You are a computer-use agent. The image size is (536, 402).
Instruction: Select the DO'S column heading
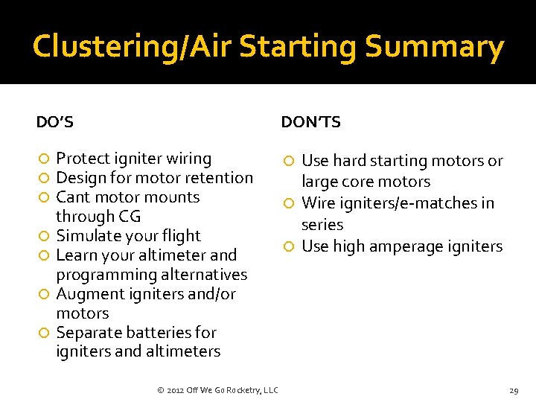[55, 121]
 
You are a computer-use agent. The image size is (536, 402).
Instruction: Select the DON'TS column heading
[310, 122]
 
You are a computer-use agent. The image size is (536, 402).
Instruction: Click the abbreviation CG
[129, 217]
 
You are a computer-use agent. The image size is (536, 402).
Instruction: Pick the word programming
[103, 275]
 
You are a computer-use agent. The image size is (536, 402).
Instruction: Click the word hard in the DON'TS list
[349, 161]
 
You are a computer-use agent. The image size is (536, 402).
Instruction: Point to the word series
[322, 225]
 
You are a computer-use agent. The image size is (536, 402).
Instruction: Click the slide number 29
[514, 391]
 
